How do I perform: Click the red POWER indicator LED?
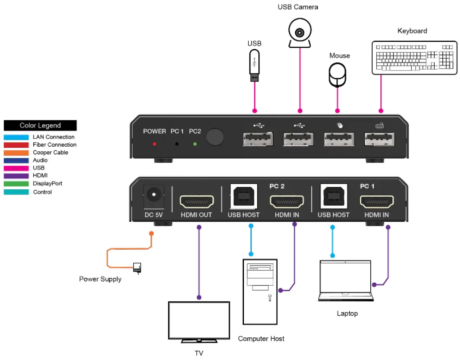[155, 143]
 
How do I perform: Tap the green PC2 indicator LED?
[195, 143]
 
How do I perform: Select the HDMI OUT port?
[196, 201]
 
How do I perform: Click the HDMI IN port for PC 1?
[377, 201]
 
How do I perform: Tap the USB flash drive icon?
[254, 66]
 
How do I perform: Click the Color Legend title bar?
[40, 125]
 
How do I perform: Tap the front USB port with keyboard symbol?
[379, 139]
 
